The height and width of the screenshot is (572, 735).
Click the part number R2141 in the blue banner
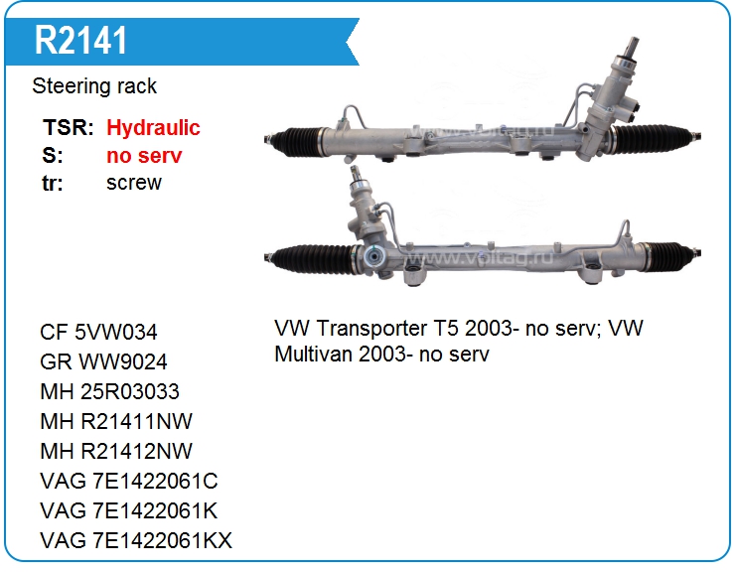pos(80,41)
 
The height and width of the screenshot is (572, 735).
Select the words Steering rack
pos(94,86)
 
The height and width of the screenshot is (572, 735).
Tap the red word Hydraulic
pos(153,127)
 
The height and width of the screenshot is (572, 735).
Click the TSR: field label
pos(69,127)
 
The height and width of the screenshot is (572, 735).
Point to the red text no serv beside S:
pos(144,156)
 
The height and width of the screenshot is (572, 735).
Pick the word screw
pos(134,183)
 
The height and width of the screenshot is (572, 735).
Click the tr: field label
pos(53,183)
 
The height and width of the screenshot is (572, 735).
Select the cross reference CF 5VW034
pos(98,332)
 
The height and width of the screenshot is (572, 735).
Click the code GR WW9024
pos(103,361)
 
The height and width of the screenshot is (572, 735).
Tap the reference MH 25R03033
pos(109,391)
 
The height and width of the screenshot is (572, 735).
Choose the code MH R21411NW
pos(116,421)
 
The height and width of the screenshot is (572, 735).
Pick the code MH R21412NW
pos(116,451)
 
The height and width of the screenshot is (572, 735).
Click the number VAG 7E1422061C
pos(129,481)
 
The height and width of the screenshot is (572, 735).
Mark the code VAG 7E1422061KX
pos(136,540)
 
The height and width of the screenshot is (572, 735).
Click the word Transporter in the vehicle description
pos(371,328)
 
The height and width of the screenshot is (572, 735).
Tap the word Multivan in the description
pos(314,354)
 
